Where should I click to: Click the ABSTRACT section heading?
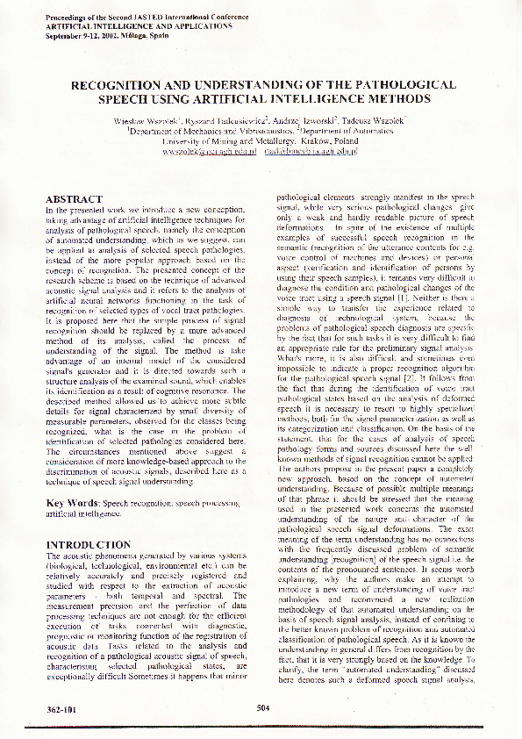(x=74, y=200)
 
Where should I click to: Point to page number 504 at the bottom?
(x=262, y=707)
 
